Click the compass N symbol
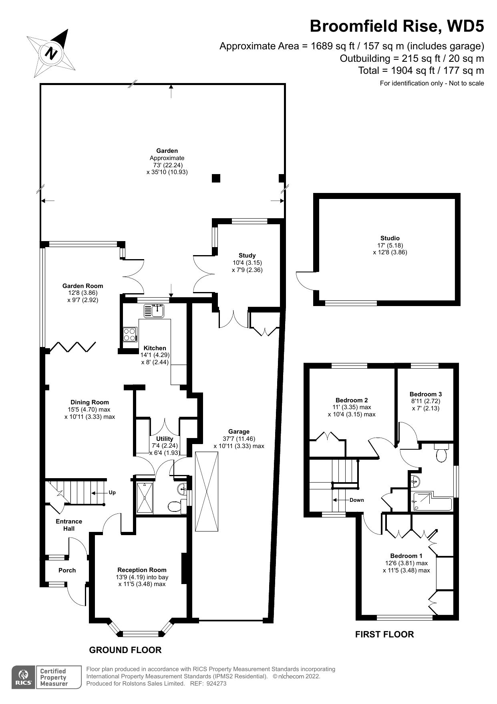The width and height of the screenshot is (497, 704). coord(52,53)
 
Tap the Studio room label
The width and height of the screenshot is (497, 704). coord(390,238)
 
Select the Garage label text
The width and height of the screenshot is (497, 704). coord(239,432)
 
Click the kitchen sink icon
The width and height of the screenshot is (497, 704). coord(154,310)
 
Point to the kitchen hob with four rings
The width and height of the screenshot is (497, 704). coord(130,335)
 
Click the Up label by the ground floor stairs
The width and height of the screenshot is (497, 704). coord(112,492)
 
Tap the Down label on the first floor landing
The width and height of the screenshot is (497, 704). coord(356,500)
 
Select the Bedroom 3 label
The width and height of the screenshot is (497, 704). coord(425,394)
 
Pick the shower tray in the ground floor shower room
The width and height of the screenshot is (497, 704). coord(144,498)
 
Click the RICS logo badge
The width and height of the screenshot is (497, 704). coord(23,678)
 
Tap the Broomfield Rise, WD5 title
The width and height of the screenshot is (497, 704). coord(396,26)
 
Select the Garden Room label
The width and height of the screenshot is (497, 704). coord(82,286)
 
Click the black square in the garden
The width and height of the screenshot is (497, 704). coord(216,178)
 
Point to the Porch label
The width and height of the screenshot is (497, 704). coord(67,570)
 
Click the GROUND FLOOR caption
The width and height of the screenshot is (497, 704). coord(125,650)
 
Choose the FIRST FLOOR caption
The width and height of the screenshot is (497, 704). coord(384,634)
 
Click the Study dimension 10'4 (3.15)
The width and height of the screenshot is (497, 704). coord(247,263)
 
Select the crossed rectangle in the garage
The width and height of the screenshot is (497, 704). coord(207,491)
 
